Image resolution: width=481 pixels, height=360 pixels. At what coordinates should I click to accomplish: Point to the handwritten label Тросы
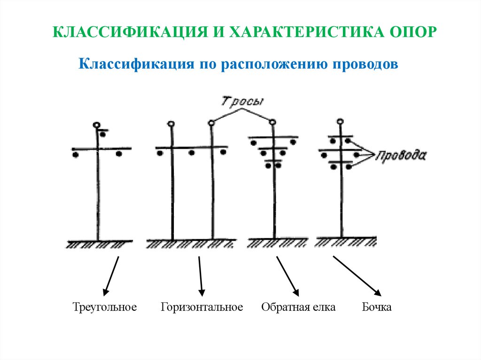point(242,102)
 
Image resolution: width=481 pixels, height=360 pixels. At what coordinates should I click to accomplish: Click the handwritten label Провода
point(401,155)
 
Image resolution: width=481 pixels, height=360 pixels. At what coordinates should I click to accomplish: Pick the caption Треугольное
point(105,307)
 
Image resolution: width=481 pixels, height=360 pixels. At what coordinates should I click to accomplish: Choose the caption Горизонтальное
point(202,307)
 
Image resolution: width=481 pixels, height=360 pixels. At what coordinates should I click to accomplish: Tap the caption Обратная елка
point(298,307)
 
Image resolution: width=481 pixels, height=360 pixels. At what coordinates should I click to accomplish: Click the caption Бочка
point(377,307)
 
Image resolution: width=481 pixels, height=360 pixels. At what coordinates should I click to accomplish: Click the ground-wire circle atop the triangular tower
point(97,125)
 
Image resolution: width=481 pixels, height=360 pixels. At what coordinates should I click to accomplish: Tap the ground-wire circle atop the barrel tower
point(340,122)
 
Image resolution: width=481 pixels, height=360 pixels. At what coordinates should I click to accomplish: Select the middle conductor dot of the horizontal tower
point(192,153)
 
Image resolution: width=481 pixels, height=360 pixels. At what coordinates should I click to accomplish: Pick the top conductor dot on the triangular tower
point(103,135)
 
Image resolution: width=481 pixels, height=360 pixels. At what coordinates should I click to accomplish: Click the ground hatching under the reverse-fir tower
point(277,243)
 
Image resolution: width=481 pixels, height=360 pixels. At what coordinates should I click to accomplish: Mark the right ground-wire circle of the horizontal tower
point(212,123)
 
